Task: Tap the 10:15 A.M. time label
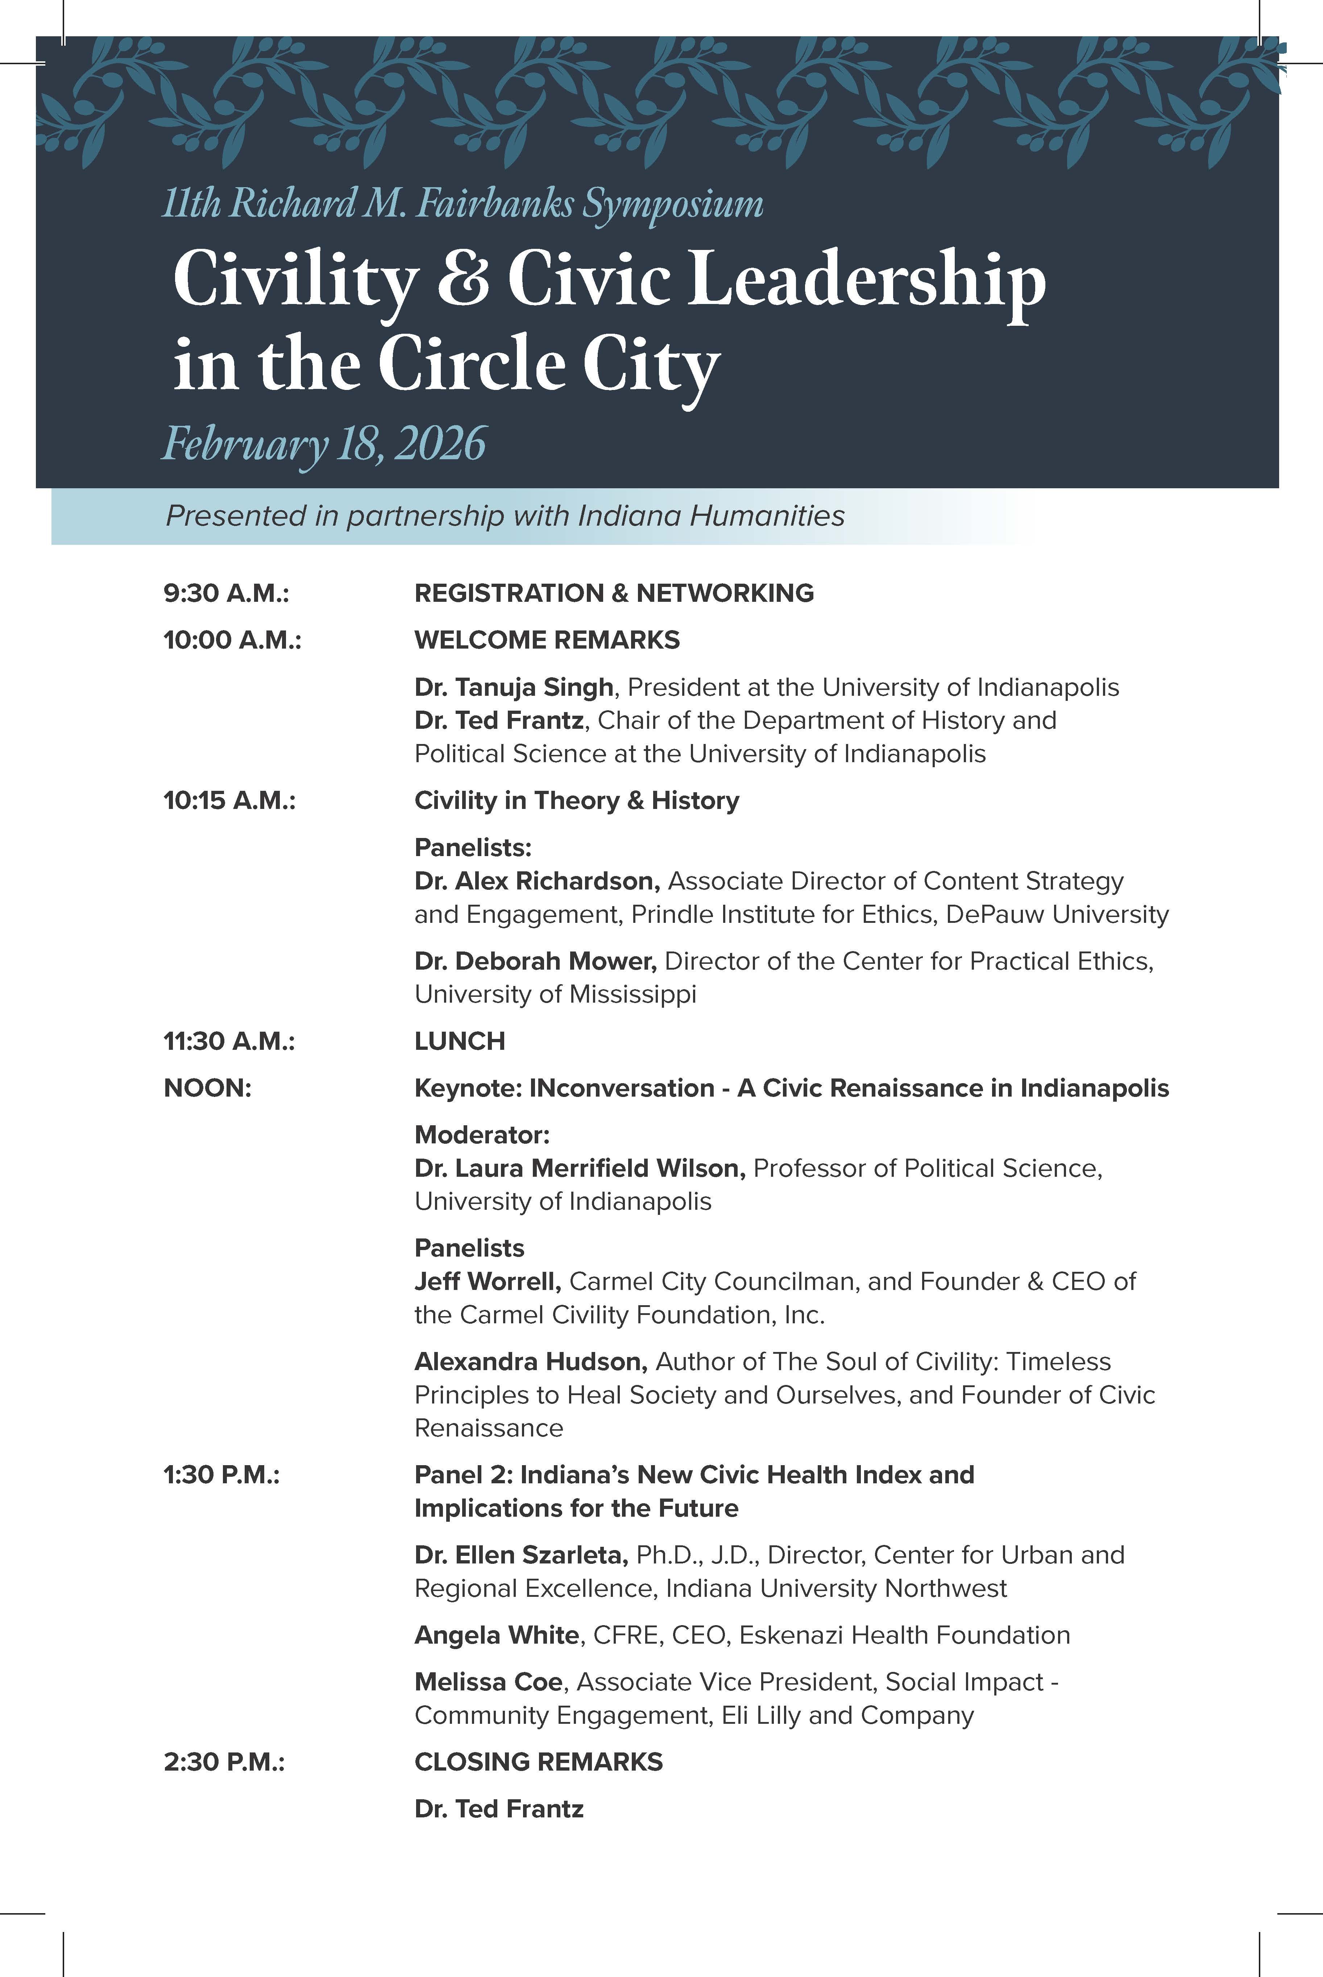pos(229,800)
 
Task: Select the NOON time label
pos(208,1088)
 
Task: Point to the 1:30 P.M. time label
pos(221,1475)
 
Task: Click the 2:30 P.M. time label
pos(224,1762)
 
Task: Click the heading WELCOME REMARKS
pos(547,640)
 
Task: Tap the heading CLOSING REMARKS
pos(538,1762)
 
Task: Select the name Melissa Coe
pos(488,1682)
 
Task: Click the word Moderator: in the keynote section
pos(482,1135)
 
